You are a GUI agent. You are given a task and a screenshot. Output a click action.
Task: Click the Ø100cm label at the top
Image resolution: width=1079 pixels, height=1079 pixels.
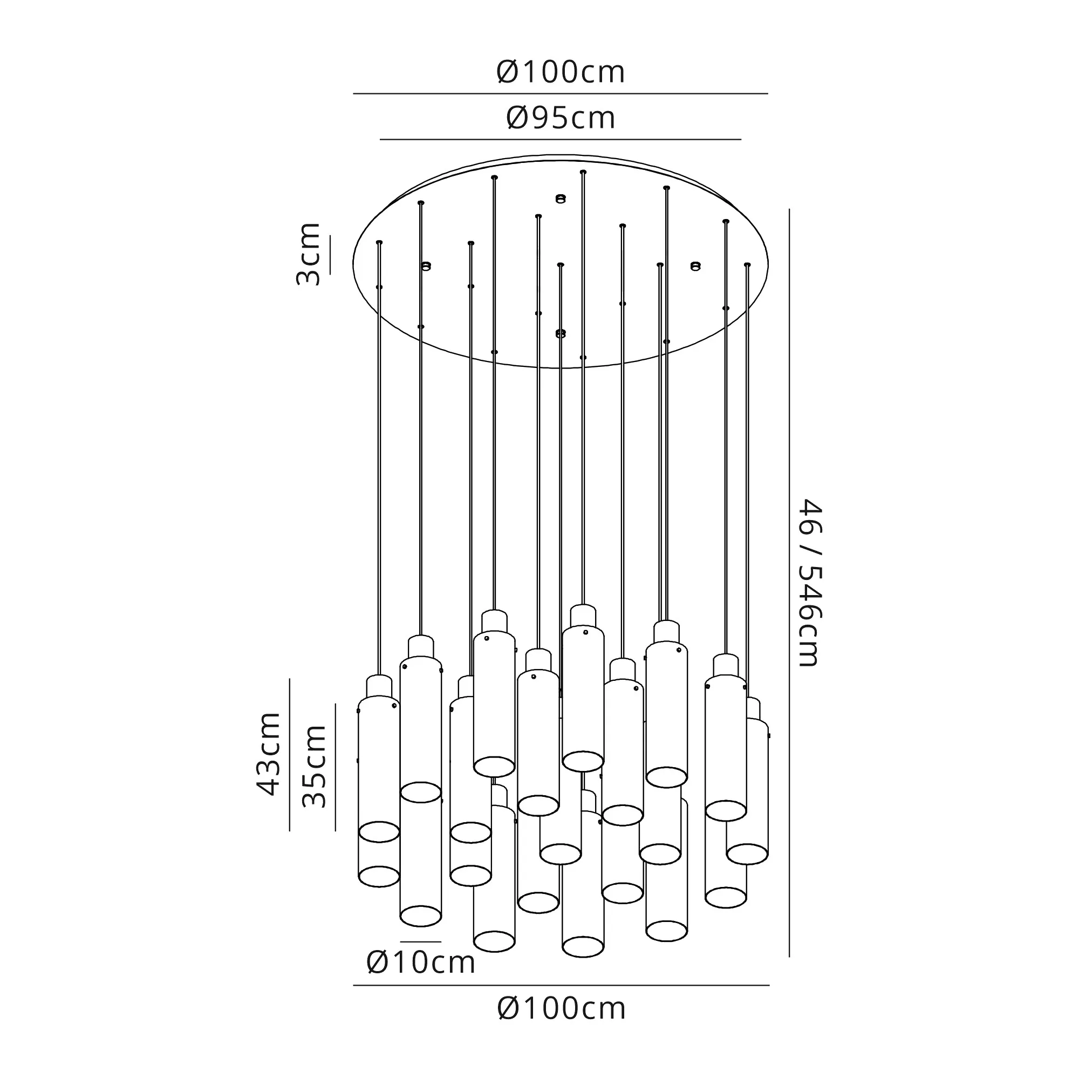560,73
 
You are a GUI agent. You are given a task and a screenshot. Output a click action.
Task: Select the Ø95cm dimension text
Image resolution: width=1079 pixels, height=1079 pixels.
560,118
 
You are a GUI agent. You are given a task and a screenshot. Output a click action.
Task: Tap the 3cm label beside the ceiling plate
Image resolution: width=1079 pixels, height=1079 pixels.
308,254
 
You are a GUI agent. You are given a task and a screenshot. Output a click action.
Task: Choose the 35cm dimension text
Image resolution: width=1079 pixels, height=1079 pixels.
315,766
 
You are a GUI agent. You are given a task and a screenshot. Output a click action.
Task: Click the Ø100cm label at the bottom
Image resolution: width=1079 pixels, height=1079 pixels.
561,1009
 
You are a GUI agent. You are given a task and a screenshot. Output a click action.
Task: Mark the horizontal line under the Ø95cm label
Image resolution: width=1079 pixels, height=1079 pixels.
560,139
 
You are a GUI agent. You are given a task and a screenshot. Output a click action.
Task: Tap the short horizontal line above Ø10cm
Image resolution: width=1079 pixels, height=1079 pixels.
421,941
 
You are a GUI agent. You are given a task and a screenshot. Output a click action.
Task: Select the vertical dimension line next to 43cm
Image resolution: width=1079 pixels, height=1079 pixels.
290,755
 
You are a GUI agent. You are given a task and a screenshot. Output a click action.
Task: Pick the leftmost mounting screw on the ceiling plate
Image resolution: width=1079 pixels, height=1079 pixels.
426,266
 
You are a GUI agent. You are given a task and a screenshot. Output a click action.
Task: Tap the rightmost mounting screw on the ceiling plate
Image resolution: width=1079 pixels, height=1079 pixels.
695,266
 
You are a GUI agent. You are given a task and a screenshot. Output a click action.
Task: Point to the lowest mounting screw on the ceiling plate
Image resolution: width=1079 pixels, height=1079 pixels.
561,333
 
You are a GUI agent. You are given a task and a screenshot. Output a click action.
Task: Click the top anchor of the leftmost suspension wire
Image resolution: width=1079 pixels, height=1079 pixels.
379,242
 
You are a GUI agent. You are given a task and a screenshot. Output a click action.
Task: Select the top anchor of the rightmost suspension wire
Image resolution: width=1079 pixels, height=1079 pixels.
747,264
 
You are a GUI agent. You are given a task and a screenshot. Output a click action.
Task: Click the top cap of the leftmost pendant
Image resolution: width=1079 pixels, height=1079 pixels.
379,686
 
